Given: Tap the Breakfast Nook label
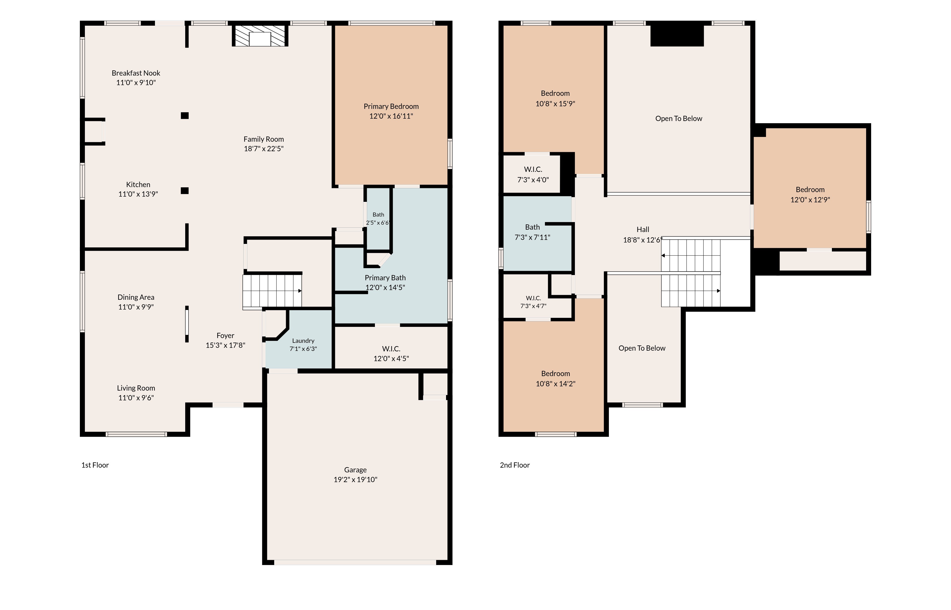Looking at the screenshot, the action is (136, 73).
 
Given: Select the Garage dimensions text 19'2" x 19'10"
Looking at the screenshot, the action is (355, 479).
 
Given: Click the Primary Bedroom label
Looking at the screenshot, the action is (391, 106).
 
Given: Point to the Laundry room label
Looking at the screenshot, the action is (303, 341).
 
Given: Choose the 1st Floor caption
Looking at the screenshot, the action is (95, 465).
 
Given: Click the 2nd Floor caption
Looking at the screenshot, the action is (514, 465).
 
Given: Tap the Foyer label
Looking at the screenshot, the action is (225, 335).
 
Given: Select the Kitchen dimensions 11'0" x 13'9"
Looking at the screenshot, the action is (138, 194).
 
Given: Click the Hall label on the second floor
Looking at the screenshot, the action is (643, 229).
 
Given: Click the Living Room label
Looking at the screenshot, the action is (136, 388).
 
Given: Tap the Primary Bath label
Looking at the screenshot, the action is (385, 278).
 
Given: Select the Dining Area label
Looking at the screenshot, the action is (136, 297).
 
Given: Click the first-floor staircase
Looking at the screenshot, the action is (272, 291).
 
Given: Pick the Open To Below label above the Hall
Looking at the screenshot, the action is (679, 118).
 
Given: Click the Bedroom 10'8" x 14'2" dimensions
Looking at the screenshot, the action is (555, 383).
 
